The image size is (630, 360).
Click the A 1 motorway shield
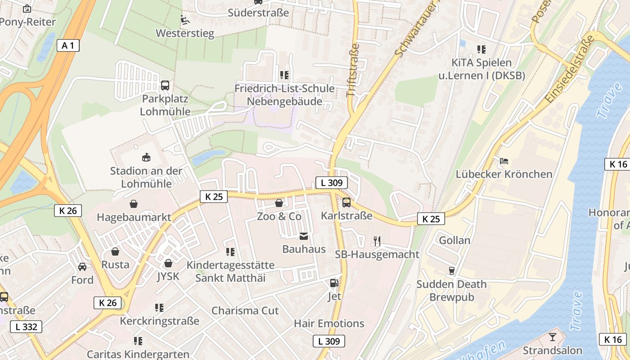[x=68, y=45]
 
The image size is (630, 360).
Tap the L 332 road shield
[x=27, y=327]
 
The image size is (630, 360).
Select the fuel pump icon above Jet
[x=334, y=283]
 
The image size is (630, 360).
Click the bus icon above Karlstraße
[x=346, y=202]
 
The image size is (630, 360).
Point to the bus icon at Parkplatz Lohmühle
[x=165, y=85]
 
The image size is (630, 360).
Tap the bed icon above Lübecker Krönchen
[x=504, y=161]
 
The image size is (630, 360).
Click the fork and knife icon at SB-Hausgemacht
[x=377, y=241]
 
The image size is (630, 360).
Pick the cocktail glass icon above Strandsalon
[x=552, y=337]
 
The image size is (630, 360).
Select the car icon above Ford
[x=82, y=267]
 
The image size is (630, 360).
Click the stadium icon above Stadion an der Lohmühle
[x=146, y=157]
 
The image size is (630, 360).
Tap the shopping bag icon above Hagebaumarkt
[x=134, y=204]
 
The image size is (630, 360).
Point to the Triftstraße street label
[x=353, y=70]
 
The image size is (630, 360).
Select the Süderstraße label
[x=258, y=13]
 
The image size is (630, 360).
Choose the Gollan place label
[x=454, y=240]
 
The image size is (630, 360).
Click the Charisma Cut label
[x=245, y=310]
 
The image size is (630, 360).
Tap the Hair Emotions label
[x=329, y=323]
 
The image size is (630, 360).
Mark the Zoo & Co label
[x=279, y=216]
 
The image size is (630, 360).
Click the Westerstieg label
[x=185, y=33]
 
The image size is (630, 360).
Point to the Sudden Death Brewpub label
[x=451, y=291]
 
